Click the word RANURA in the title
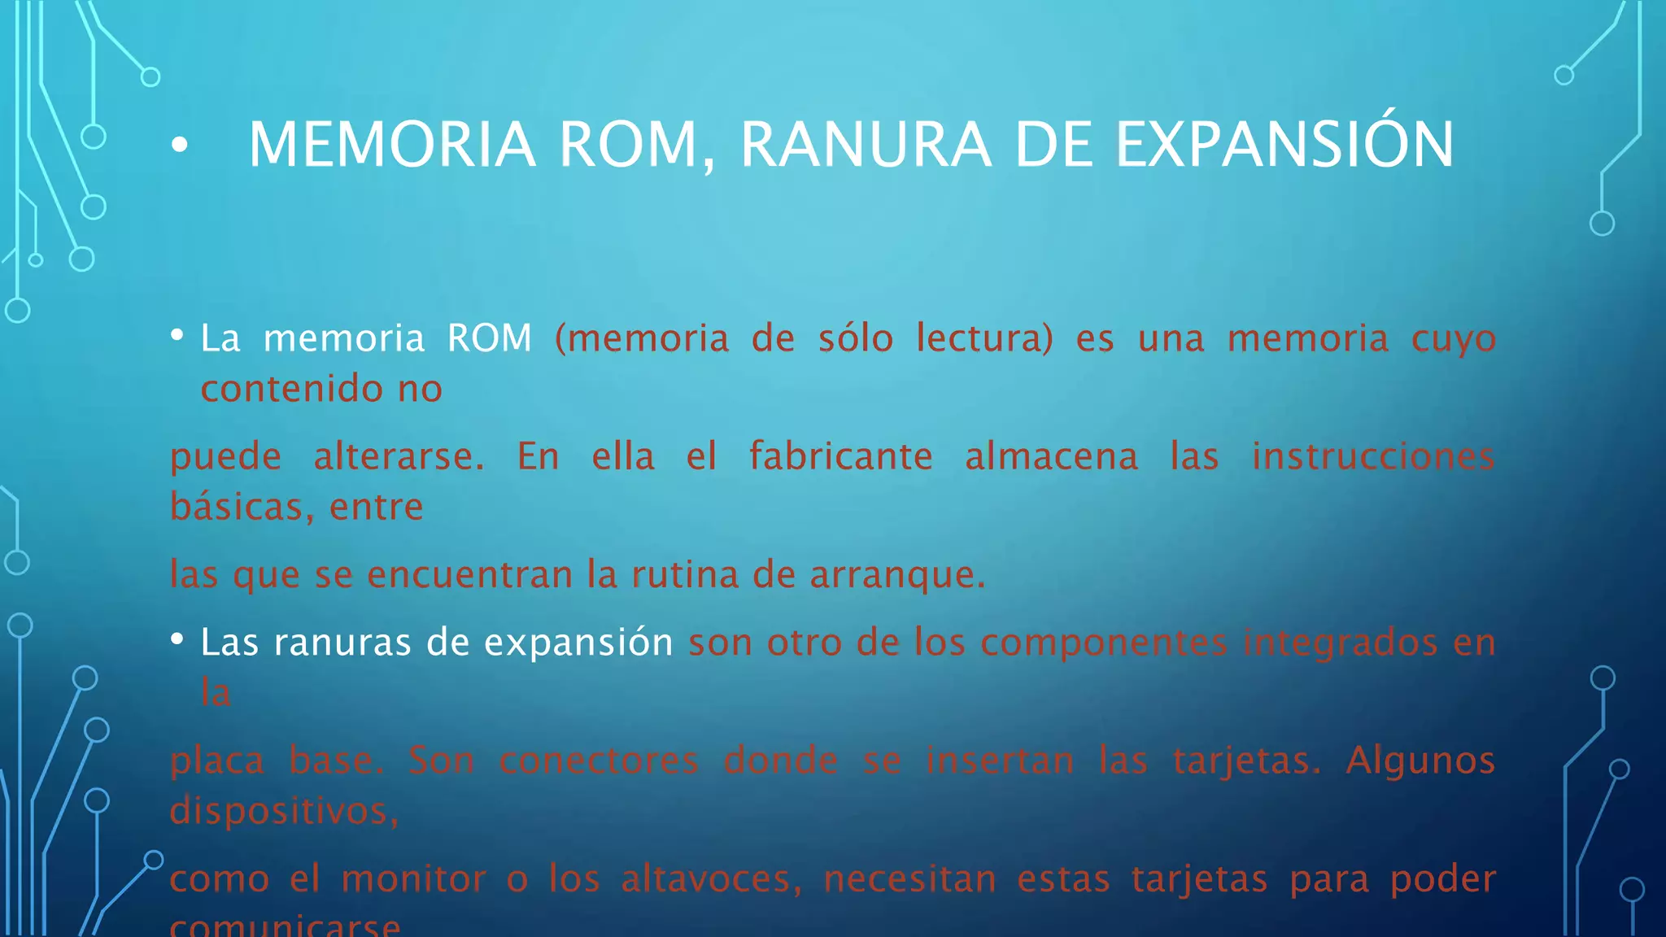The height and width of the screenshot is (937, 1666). click(865, 146)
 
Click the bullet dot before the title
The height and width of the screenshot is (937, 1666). click(180, 146)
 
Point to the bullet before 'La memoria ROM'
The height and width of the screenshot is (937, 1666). click(177, 334)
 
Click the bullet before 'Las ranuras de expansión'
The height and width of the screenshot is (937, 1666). click(177, 639)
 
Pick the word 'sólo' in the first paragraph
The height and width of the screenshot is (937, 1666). click(855, 338)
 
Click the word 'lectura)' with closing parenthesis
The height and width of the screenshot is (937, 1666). click(984, 338)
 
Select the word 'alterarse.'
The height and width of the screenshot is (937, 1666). click(399, 456)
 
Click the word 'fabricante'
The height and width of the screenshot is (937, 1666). click(840, 456)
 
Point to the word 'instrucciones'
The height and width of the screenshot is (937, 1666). click(1373, 456)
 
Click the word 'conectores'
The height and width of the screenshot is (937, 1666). click(599, 761)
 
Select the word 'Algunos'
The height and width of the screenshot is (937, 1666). click(1420, 761)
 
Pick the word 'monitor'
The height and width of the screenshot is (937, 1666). click(413, 879)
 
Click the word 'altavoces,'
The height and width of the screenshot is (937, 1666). click(711, 879)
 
